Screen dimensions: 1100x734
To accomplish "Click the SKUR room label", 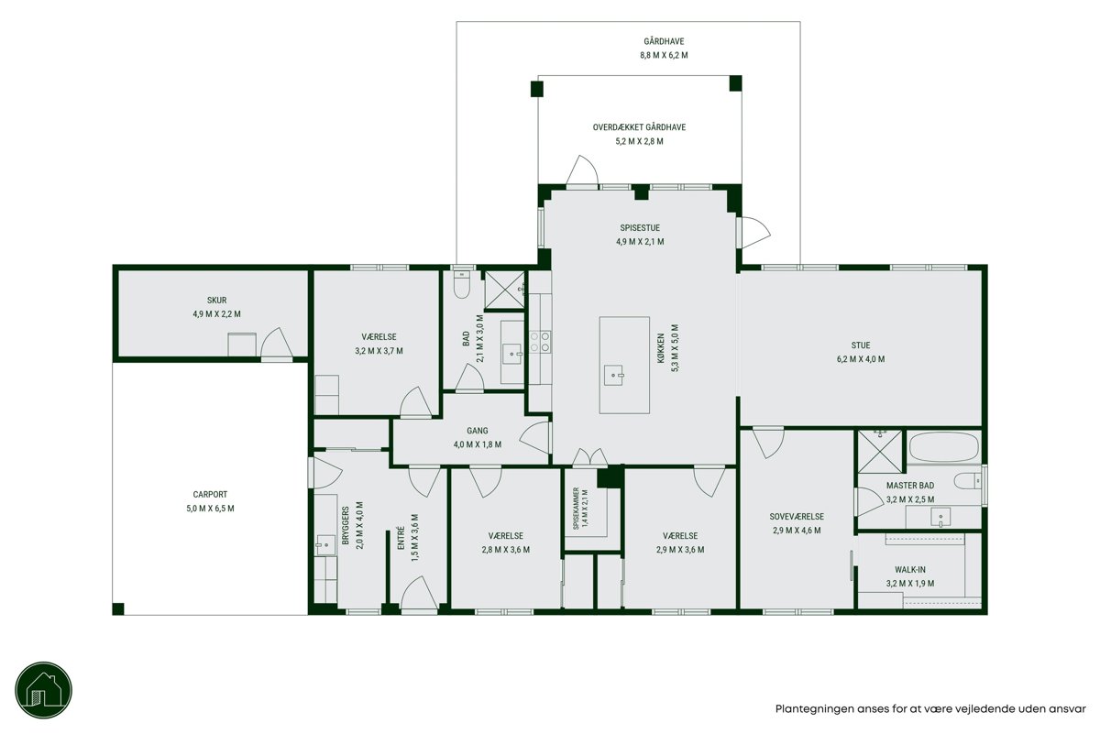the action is point(216,300).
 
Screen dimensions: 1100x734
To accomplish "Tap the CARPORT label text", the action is point(210,495).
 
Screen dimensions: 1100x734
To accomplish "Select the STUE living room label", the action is point(861,345).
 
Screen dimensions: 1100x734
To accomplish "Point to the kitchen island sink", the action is point(614,375).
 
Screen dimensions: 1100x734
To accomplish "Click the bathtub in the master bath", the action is point(943,446).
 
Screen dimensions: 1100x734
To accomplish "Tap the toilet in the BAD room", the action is point(462,285).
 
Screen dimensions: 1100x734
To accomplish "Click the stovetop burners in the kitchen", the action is point(540,342).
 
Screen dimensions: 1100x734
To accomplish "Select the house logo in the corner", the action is point(43,690).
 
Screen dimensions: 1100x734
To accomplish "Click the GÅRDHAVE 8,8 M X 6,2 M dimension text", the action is point(664,56).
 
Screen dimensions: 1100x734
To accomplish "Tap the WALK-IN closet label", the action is point(909,570).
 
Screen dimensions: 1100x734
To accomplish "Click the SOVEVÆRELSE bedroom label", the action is point(797,517).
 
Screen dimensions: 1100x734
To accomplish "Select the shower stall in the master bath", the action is point(879,452).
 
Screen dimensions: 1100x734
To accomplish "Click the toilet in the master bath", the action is point(968,481).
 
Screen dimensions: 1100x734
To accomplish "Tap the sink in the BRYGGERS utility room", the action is point(325,545).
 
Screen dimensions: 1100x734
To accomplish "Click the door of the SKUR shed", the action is point(277,344).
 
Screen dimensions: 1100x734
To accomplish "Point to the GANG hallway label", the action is point(477,431).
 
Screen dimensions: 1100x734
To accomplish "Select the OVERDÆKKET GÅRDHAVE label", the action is point(639,127).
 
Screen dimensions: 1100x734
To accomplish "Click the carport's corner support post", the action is point(118,608).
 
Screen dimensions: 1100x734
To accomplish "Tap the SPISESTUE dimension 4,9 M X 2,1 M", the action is point(640,242).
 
